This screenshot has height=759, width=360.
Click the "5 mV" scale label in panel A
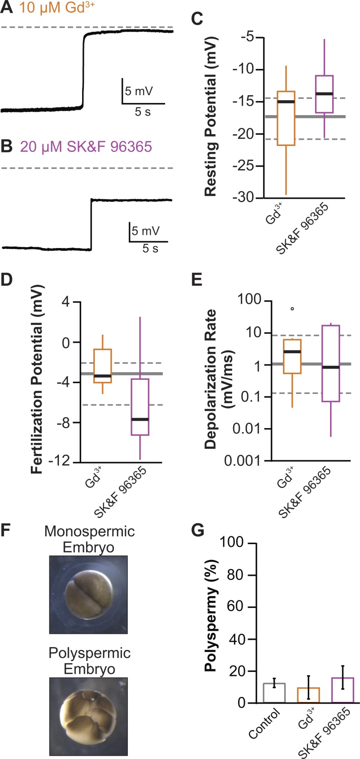(139, 91)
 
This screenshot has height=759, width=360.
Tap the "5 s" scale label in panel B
(150, 248)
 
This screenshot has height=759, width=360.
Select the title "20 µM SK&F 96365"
(86, 147)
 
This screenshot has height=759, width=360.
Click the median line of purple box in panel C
(325, 94)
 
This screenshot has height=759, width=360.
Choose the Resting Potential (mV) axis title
(211, 117)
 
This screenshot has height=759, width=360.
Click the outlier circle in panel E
(292, 309)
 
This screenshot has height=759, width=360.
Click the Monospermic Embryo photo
(89, 594)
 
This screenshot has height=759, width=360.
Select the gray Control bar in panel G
(274, 693)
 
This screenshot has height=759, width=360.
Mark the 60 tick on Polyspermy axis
(248, 607)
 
